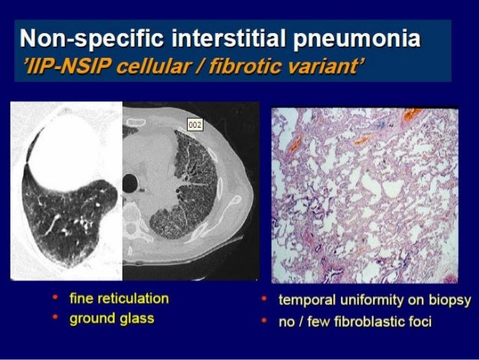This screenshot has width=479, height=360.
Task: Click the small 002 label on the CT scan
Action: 195,125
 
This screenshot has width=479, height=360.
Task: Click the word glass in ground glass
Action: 137,319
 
